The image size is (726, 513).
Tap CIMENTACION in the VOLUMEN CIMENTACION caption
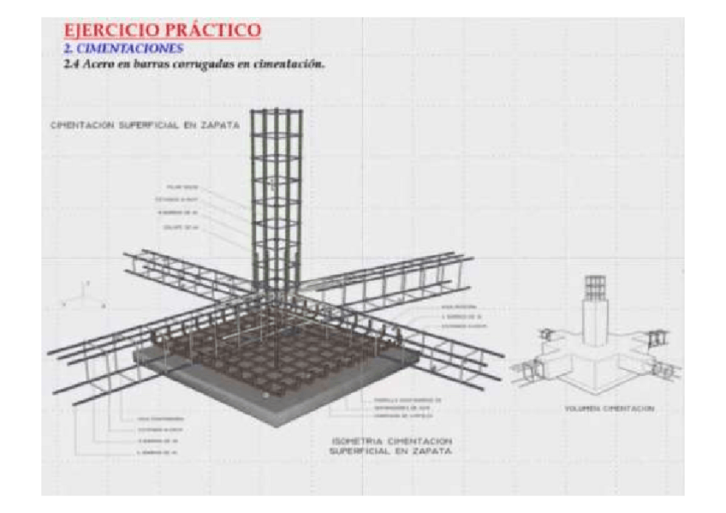pos(632,409)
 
